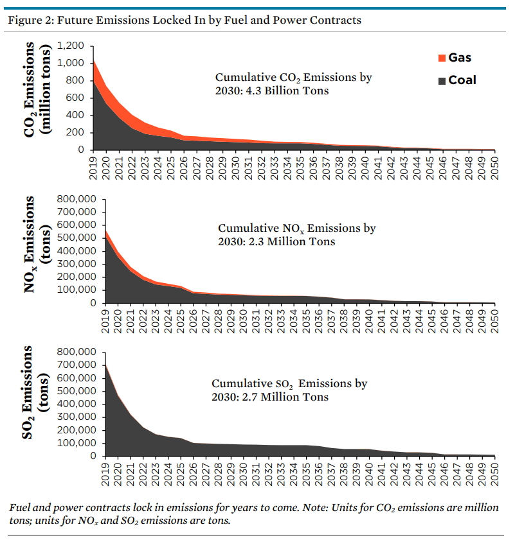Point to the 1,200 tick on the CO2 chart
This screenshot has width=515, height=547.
tap(71, 46)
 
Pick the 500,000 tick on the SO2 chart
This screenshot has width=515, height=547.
tap(78, 391)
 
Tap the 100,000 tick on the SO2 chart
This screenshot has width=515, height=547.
tap(78, 443)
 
